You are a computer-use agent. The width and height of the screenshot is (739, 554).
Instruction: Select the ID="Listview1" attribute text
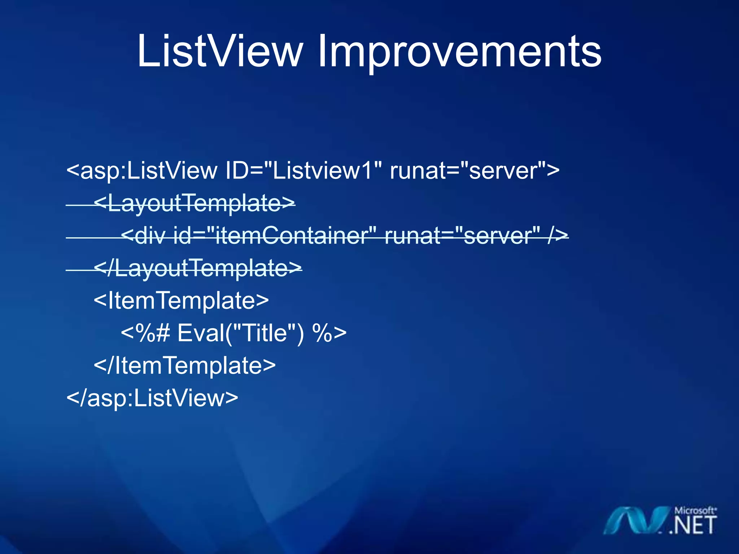pyautogui.click(x=303, y=170)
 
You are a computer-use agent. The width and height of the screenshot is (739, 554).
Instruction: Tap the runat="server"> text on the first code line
pyautogui.click(x=475, y=170)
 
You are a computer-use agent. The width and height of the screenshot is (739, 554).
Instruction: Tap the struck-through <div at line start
pyautogui.click(x=143, y=236)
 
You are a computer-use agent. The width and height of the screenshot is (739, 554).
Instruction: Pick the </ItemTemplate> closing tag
pyautogui.click(x=184, y=365)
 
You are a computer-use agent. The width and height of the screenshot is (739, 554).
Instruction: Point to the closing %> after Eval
pyautogui.click(x=329, y=333)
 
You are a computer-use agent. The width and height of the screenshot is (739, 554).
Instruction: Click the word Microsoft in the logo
pyautogui.click(x=695, y=510)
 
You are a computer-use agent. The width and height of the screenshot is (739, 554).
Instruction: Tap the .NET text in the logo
pyautogui.click(x=693, y=526)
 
